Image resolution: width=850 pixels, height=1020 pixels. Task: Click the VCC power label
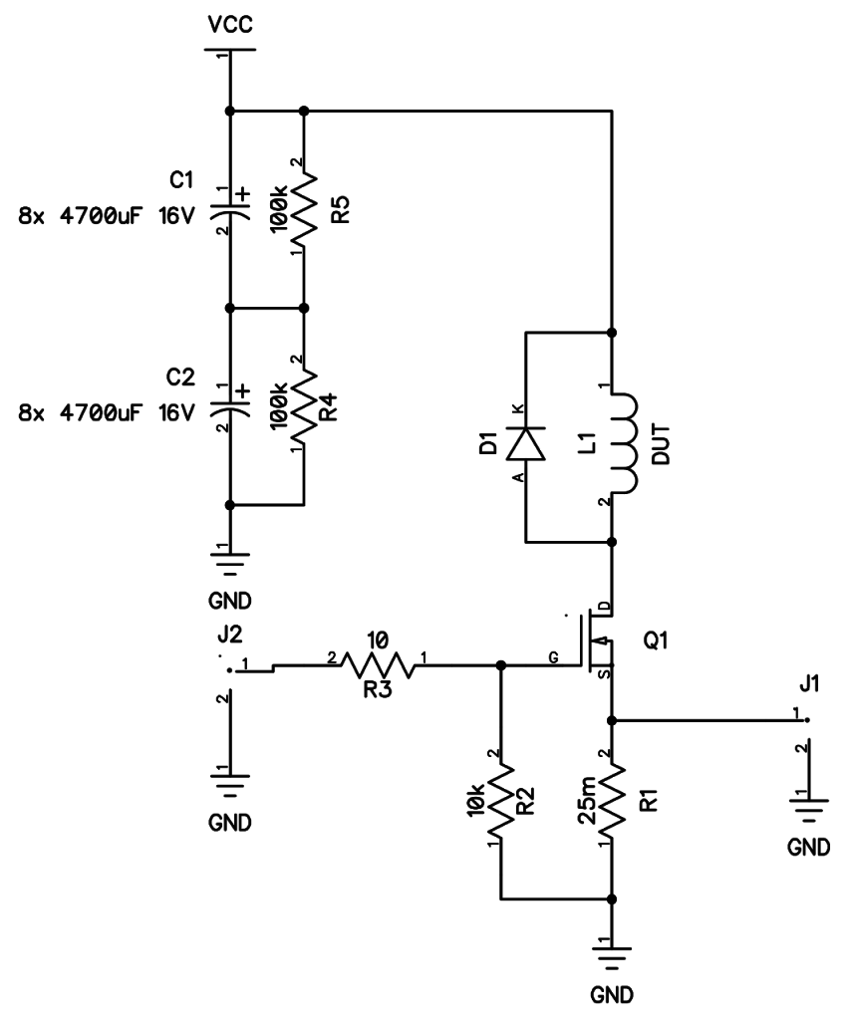230,22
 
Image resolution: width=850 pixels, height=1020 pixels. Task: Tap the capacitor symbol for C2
230,407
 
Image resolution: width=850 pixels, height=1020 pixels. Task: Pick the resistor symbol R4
304,406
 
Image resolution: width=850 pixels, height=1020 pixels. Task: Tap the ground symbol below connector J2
230,782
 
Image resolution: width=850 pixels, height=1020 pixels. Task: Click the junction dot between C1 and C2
230,309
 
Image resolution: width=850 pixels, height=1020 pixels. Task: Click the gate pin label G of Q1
553,656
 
